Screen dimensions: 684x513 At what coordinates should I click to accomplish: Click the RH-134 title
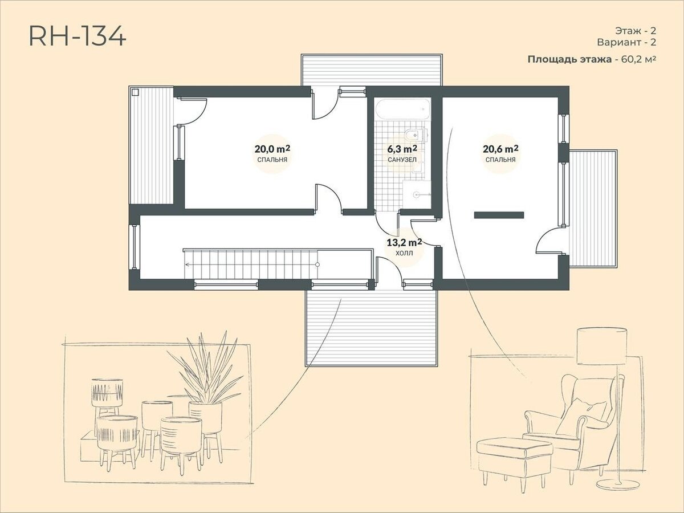tap(78, 36)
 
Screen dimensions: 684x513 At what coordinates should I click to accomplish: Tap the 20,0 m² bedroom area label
tap(272, 153)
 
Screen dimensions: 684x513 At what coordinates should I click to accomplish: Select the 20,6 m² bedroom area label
tap(500, 153)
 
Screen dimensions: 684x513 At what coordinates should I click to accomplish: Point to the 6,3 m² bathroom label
tap(402, 153)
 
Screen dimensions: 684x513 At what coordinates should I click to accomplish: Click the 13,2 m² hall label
tap(404, 247)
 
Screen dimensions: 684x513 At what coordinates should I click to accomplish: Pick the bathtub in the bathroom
tap(403, 109)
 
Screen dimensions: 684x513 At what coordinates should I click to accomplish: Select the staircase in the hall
tap(251, 264)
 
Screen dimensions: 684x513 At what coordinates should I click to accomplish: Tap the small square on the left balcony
tap(135, 92)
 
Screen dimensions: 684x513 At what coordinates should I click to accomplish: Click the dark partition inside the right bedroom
tap(499, 215)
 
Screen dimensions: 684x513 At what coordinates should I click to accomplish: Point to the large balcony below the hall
tap(372, 328)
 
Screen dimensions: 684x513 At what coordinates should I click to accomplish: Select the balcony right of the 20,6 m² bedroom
tap(593, 208)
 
